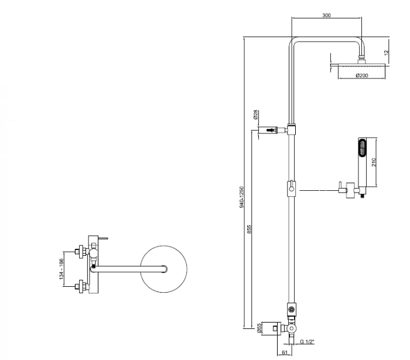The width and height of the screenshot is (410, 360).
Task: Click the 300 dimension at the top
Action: [326, 15]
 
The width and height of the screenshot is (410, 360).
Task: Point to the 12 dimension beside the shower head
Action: [387, 53]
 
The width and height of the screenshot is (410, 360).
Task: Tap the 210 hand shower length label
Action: [374, 162]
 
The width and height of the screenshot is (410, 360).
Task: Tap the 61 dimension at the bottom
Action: [283, 353]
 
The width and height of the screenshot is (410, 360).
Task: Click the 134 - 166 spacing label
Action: [60, 269]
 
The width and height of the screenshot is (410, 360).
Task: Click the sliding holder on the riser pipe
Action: [291, 190]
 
